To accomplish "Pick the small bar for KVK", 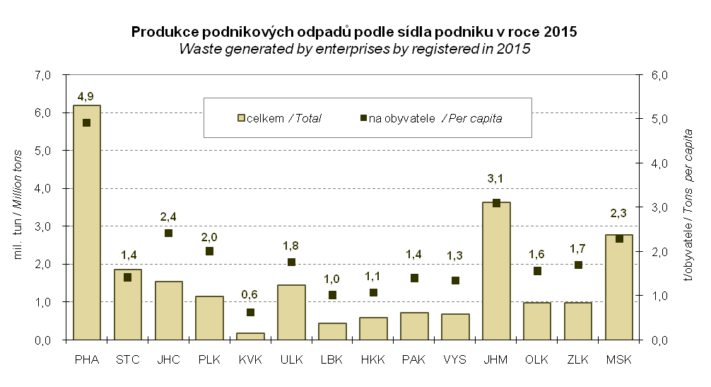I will coord(250,336).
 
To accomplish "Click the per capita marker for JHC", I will coord(169,233).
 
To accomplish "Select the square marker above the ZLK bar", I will coord(578,265).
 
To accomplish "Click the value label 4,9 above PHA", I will coord(86,96).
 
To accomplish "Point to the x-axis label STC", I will coord(127,360).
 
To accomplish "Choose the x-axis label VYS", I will coord(454,360).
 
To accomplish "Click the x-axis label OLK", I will coord(537,360).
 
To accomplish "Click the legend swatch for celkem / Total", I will coord(241,118).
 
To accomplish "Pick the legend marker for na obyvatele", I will coord(363,118).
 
